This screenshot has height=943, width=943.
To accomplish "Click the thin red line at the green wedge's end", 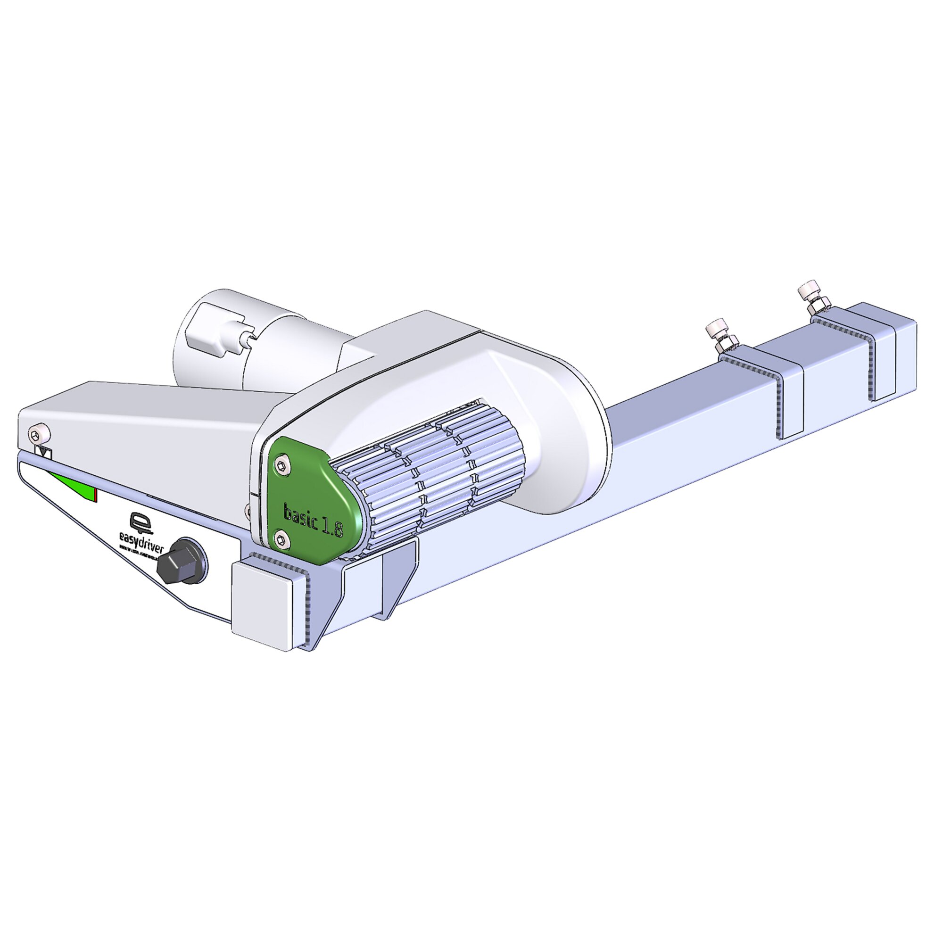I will pos(96,495).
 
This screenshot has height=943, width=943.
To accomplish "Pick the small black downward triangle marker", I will pos(45,453).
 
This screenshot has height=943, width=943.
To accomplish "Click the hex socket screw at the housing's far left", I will pos(35,434).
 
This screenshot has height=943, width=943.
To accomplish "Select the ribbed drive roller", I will pos(430,483).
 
